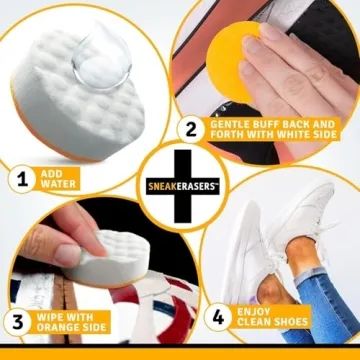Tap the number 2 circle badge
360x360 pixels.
[x=189, y=129]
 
